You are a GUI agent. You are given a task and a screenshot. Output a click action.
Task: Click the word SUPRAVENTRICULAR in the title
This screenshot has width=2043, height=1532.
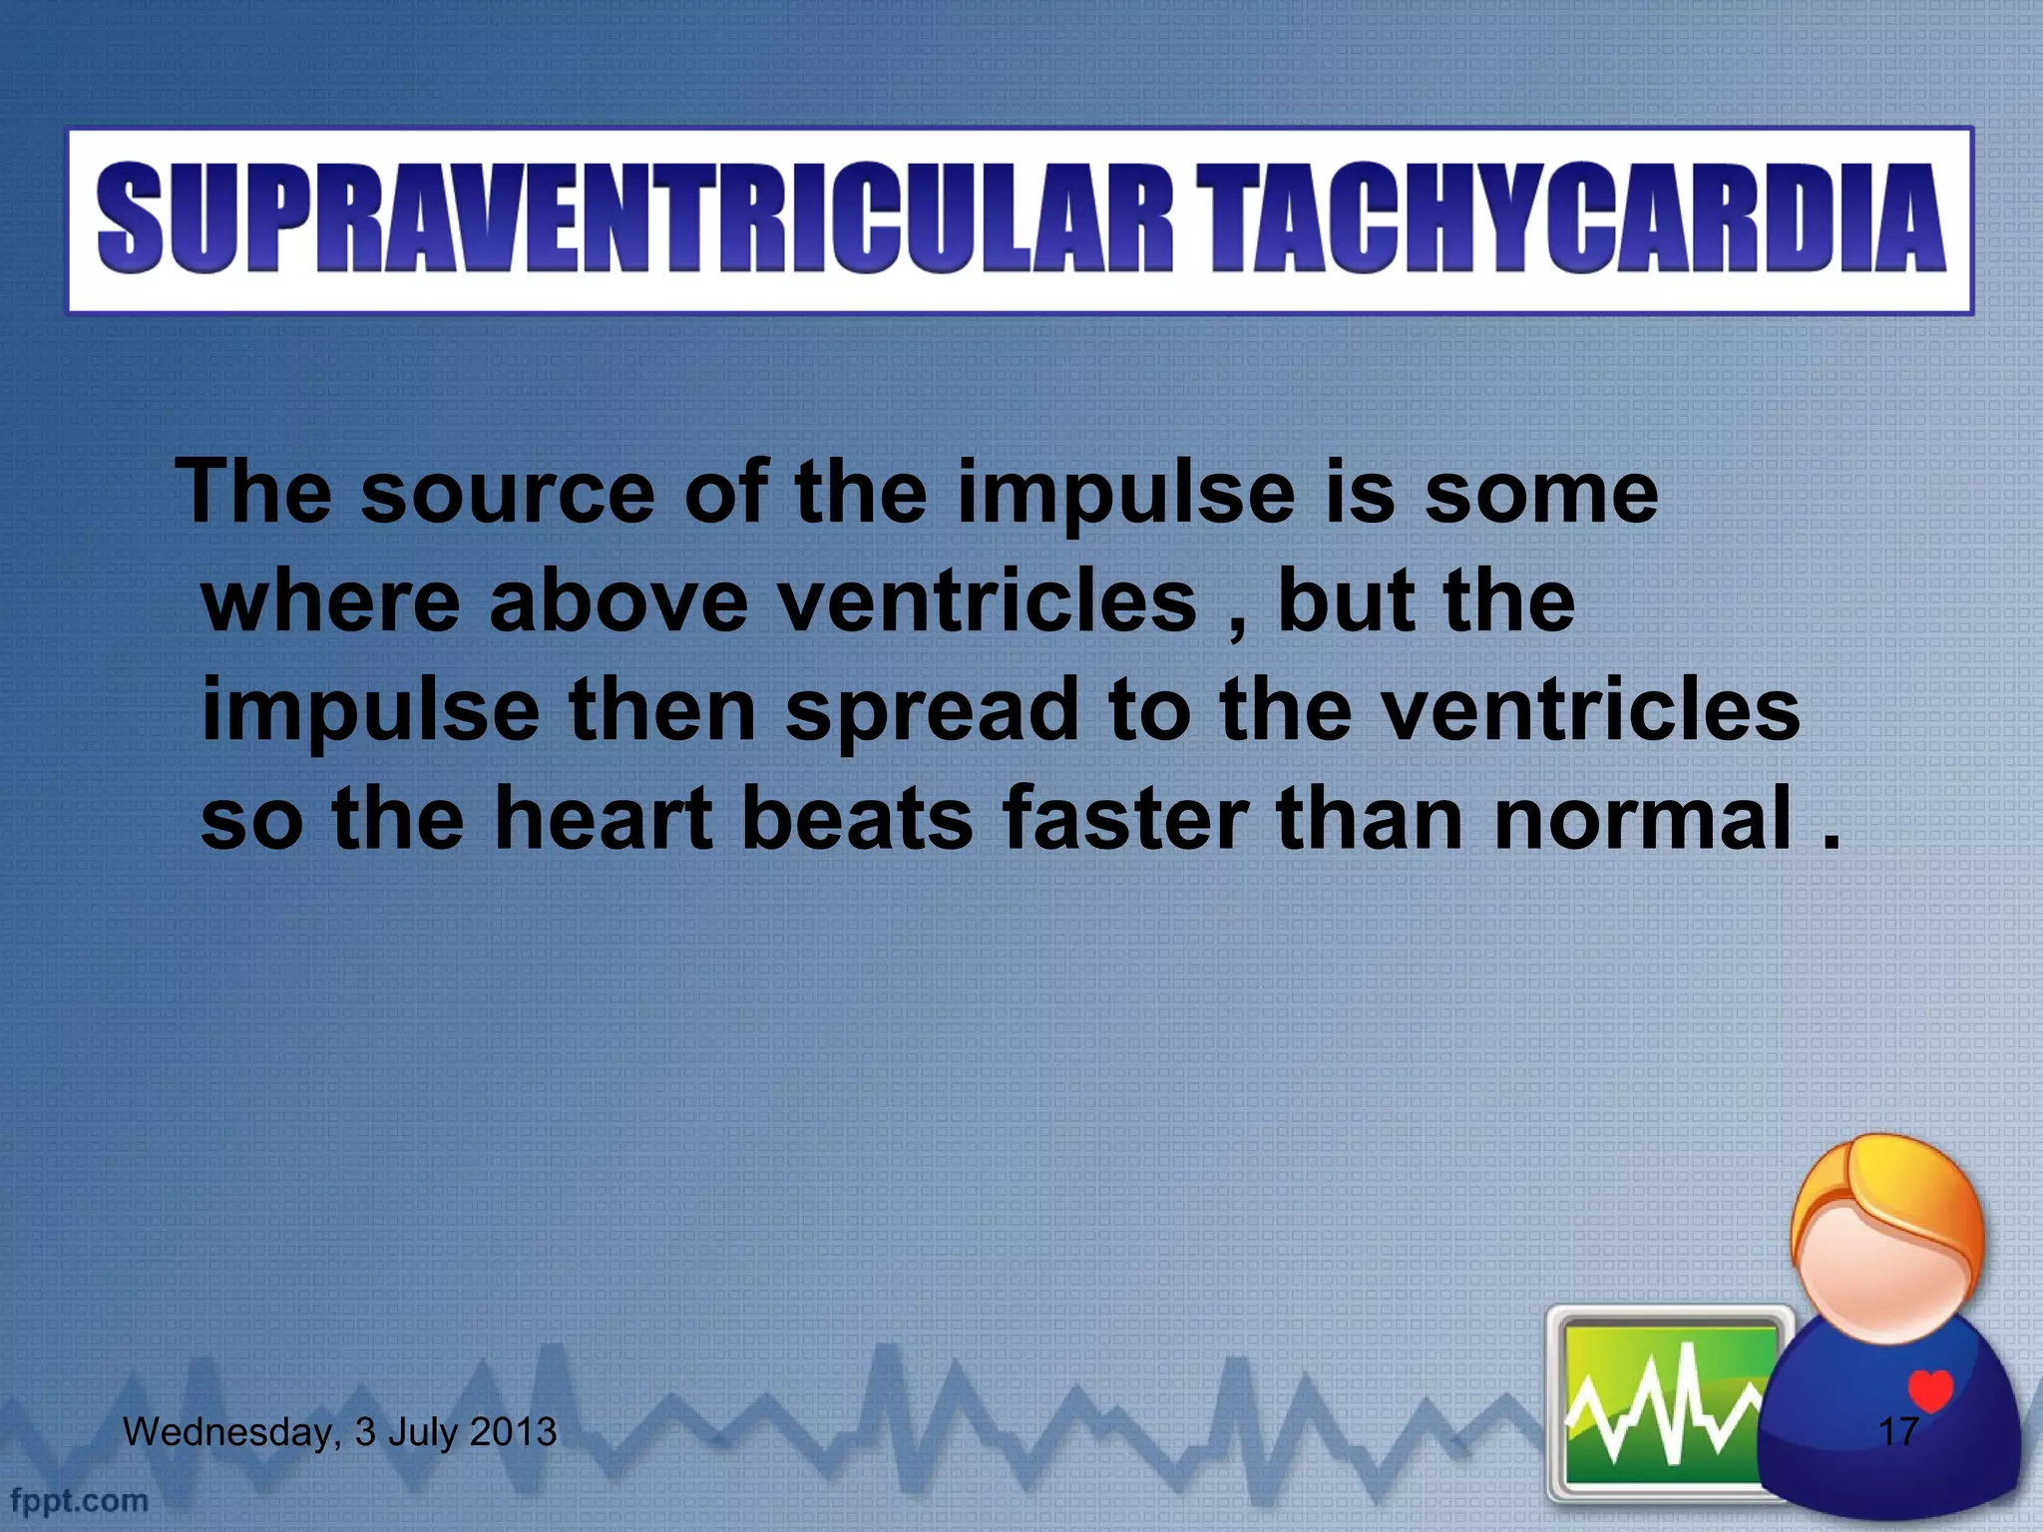pos(633,219)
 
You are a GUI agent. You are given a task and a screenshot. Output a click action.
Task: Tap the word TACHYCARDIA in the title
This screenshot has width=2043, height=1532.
pos(1571,219)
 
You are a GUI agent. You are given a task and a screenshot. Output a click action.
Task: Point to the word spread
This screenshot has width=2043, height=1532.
pos(933,710)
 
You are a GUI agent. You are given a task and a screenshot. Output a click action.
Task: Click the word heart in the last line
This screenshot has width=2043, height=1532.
pos(604,819)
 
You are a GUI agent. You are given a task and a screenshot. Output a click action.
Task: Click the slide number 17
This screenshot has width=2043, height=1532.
pos(1897,1432)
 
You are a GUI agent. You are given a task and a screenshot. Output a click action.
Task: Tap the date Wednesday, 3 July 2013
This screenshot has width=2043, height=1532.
pos(339,1432)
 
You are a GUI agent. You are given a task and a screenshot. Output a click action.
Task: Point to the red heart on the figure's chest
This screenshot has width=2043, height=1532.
pos(1929,1389)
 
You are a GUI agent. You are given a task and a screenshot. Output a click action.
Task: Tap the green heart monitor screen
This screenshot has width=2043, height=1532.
pos(1666,1406)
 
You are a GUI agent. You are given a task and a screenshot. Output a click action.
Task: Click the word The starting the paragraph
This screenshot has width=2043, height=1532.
pos(253,493)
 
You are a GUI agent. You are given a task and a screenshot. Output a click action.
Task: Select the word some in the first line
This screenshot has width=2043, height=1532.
pos(1540,493)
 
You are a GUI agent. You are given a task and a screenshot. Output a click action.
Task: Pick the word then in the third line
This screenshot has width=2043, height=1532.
pos(662,710)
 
